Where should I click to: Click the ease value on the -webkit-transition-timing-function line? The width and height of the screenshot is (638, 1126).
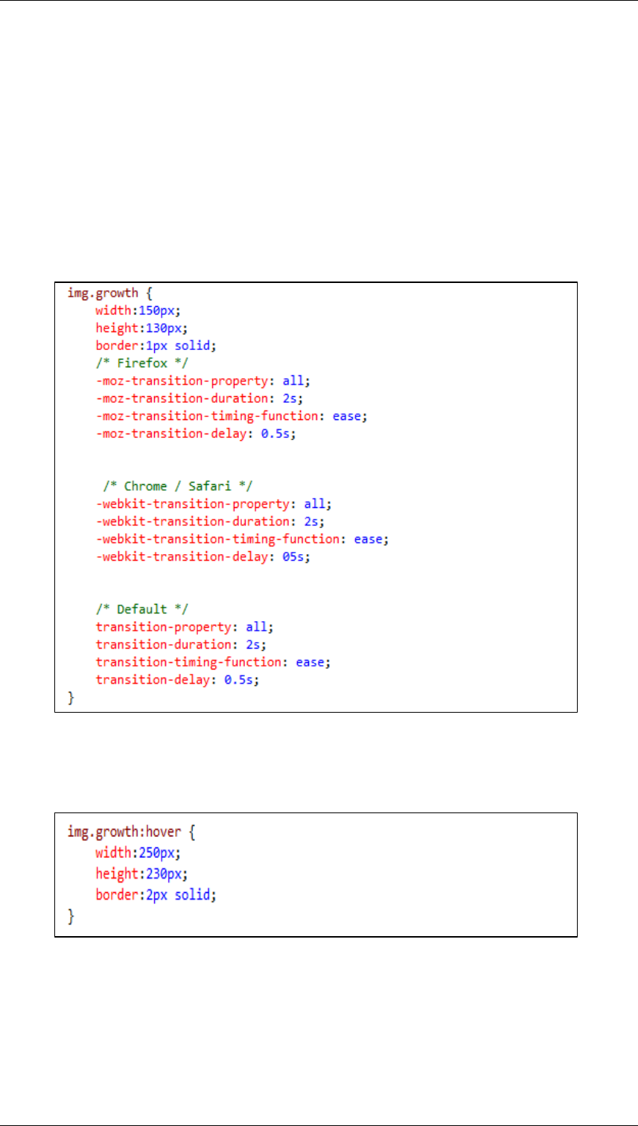367,538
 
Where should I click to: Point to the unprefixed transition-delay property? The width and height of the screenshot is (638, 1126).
153,680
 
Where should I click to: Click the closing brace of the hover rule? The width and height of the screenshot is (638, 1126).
71,917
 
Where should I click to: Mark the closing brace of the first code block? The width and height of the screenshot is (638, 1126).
71,698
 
